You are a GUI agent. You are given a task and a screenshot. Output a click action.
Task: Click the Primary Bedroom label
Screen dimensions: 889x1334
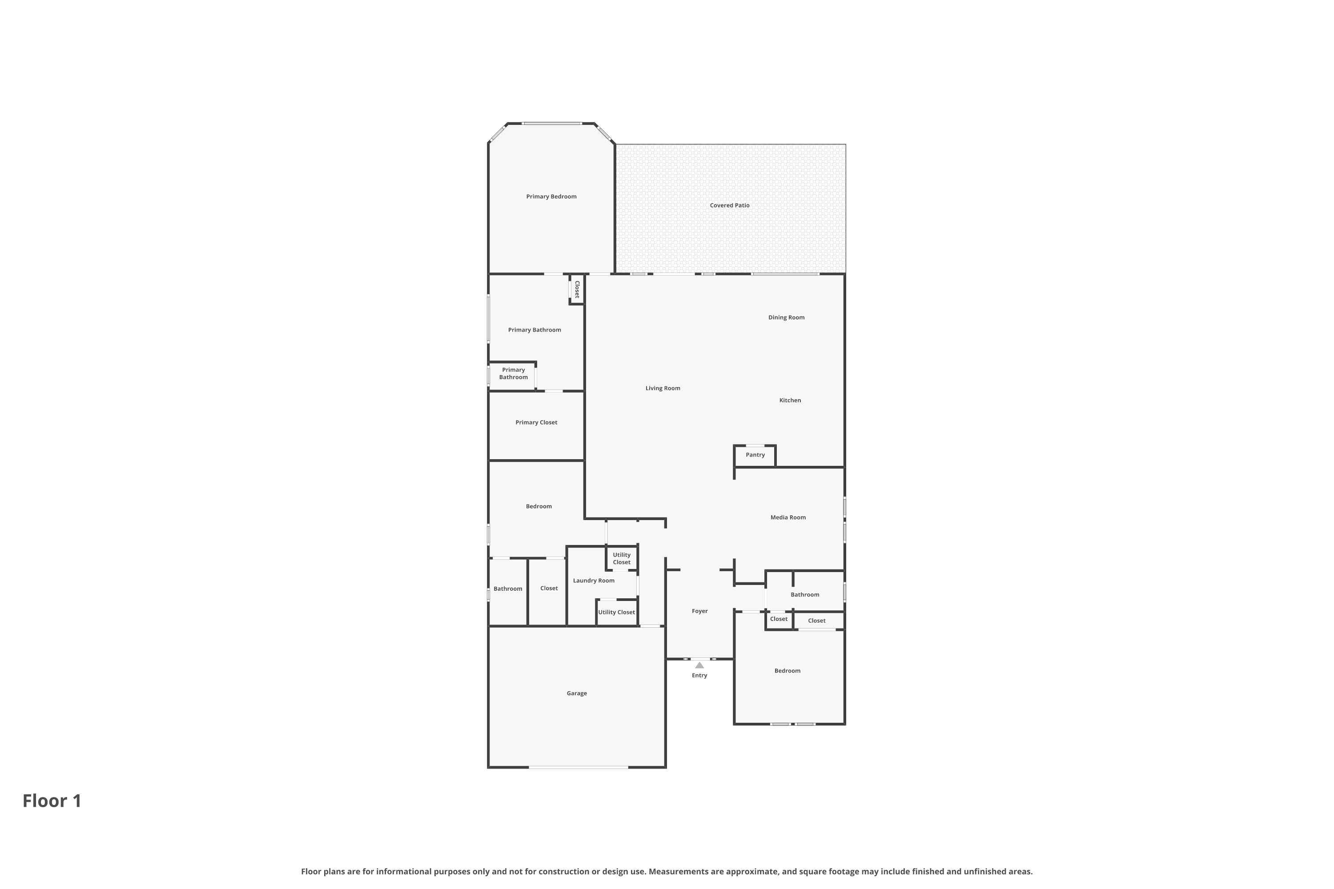tap(551, 197)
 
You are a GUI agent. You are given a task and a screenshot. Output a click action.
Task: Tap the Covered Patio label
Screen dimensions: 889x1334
tap(729, 205)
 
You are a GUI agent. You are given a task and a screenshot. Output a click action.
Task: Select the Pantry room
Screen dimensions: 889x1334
tap(755, 455)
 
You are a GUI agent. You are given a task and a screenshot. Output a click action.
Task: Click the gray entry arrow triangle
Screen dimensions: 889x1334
tap(699, 665)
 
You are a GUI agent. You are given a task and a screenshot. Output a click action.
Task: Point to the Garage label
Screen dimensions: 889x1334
tap(576, 693)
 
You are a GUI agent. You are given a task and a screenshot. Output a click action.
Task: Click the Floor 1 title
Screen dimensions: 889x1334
tap(52, 801)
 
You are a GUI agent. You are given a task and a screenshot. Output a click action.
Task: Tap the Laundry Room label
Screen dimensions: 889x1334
tap(593, 581)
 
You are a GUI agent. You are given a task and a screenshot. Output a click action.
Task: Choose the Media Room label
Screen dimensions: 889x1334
tap(788, 518)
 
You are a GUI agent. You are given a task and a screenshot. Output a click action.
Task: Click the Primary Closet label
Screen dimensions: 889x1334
tap(536, 422)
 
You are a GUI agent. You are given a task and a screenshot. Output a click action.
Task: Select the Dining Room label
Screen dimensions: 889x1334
tap(786, 317)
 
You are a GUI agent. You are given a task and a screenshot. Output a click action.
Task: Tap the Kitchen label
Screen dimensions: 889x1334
tap(790, 400)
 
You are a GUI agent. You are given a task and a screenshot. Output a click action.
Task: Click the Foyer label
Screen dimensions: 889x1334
tap(699, 611)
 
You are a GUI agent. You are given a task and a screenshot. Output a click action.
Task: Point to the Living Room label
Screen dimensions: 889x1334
tap(663, 388)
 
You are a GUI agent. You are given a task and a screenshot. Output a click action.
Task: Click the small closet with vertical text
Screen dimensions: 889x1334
tap(577, 289)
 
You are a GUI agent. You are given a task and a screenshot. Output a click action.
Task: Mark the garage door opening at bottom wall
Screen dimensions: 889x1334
tap(578, 767)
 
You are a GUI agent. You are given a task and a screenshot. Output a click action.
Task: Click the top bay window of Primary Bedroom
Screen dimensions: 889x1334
tap(551, 123)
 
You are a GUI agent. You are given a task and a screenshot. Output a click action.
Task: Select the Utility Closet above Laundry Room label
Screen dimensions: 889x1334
tap(622, 558)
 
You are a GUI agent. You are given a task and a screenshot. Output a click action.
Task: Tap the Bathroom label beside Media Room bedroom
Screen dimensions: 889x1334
tap(804, 595)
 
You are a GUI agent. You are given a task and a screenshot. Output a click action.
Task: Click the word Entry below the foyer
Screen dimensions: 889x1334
tap(699, 676)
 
